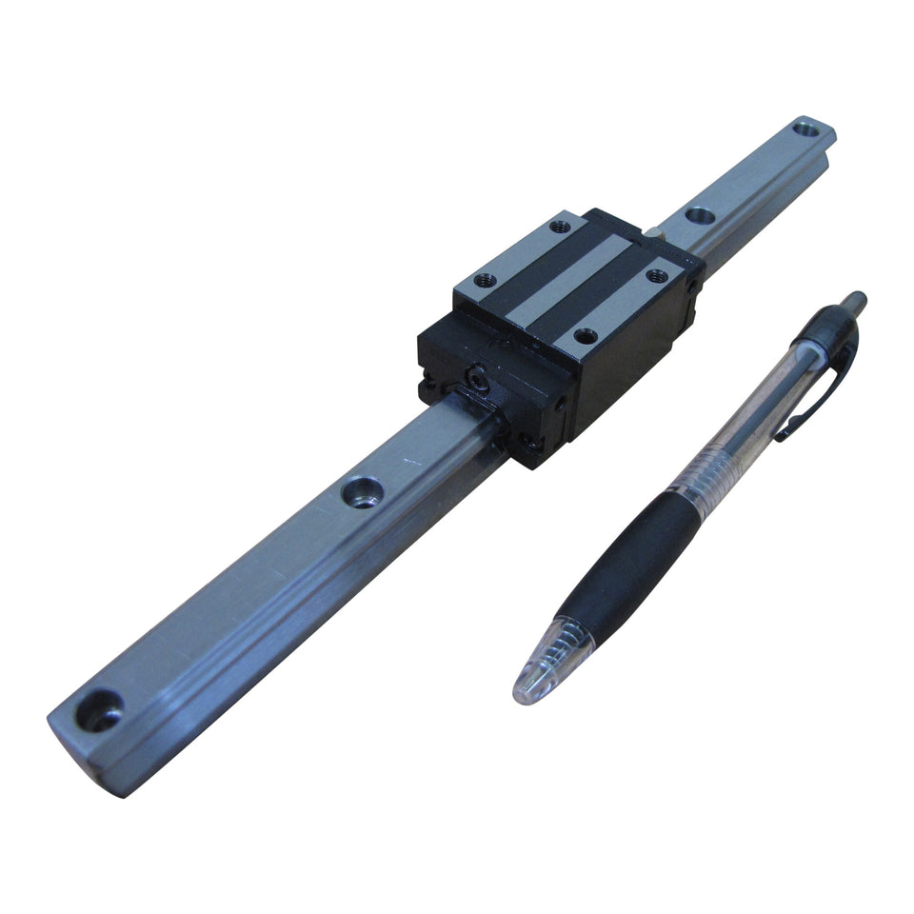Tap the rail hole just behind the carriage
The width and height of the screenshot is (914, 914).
click(x=701, y=216)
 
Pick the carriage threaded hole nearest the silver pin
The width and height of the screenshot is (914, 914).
click(x=655, y=275)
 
